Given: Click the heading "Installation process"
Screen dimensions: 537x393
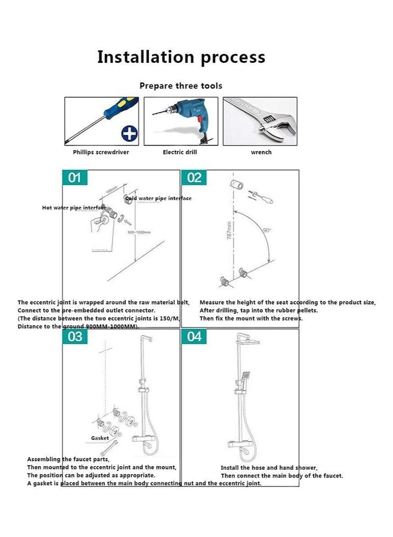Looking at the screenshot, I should [x=181, y=57].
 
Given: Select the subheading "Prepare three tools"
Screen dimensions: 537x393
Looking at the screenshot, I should [x=181, y=86].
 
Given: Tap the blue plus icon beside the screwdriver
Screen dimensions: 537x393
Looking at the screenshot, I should [x=130, y=133].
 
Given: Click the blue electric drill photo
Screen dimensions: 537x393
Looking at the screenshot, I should [x=180, y=121].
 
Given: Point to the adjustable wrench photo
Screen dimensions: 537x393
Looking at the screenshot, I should [x=260, y=121].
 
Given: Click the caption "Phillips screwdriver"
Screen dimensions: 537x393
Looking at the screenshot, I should [x=101, y=152].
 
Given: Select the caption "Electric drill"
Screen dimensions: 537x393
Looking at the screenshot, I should [x=180, y=152].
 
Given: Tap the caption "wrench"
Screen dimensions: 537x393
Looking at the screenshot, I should [x=261, y=152].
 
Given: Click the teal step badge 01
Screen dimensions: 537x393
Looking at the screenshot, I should [x=75, y=178].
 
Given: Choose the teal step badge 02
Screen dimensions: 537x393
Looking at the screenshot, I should [x=195, y=178].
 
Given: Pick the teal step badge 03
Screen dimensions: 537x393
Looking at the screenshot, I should [x=75, y=337].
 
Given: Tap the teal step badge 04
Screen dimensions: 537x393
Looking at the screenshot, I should [x=195, y=337].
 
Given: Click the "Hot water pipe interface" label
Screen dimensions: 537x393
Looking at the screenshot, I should [x=74, y=208].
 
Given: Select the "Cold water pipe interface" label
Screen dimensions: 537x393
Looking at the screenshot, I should [x=158, y=198].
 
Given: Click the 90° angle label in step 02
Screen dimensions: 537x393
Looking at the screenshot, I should [x=267, y=230].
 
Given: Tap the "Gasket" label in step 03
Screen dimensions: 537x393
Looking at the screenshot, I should [x=100, y=438].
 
